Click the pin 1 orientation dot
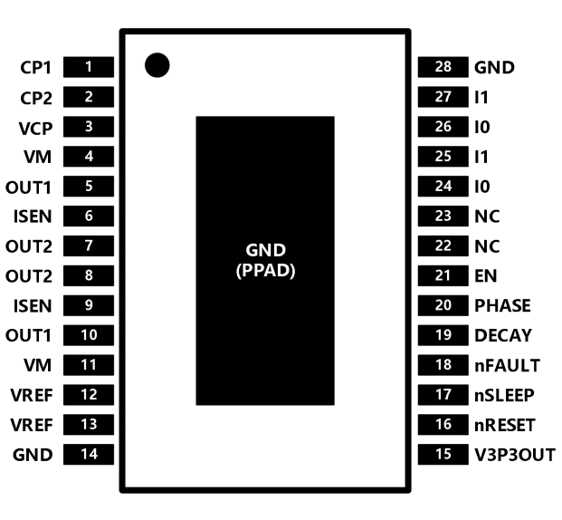(157, 65)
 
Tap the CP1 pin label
(36, 67)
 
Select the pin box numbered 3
(89, 127)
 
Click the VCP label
(35, 129)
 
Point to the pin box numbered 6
(89, 216)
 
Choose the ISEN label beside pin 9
(33, 306)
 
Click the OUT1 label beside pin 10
(28, 336)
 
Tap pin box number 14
(89, 455)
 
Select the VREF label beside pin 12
(32, 396)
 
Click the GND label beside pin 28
(494, 67)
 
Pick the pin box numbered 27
(443, 97)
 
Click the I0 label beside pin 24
(482, 187)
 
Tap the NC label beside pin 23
(487, 217)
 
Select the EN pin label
(486, 276)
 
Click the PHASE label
(502, 306)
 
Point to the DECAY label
(503, 335)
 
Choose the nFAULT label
(507, 365)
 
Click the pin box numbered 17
(443, 395)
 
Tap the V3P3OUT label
(515, 455)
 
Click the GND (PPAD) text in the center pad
(265, 261)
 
